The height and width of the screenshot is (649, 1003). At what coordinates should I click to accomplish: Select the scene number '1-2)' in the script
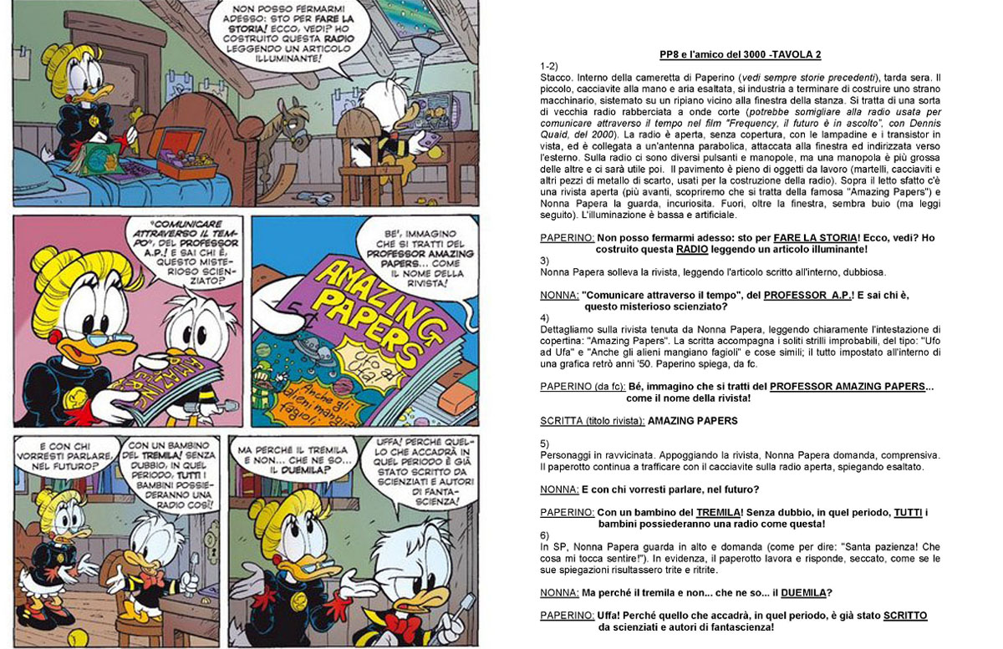click(549, 65)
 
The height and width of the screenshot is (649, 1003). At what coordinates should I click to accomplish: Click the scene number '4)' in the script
click(545, 318)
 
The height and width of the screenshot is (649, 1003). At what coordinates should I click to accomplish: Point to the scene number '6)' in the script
click(545, 535)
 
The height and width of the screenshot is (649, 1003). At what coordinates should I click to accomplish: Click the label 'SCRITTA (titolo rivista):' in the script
click(592, 421)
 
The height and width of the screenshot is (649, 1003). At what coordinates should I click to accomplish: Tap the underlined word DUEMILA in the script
click(803, 592)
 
